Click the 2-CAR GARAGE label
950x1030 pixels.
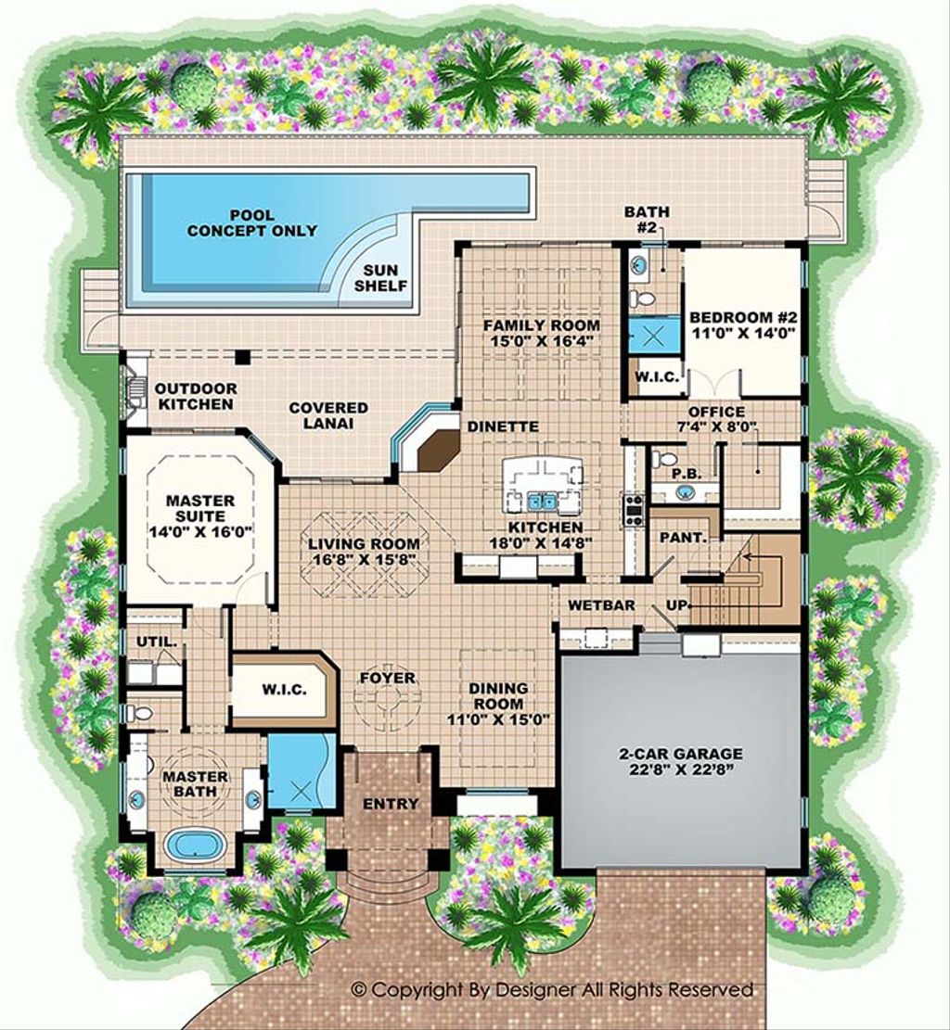pos(682,754)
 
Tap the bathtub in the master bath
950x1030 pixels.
pos(194,845)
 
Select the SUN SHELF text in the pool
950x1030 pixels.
pos(380,277)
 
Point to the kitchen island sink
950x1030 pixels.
pos(542,502)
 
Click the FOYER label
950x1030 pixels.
pos(388,679)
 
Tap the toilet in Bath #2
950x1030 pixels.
pos(640,299)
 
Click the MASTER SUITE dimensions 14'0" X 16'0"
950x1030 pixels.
pos(200,532)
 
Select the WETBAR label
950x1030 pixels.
pos(601,605)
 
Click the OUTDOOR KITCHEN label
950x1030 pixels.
pos(195,396)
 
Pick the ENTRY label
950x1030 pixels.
pos(391,804)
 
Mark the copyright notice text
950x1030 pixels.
pos(553,990)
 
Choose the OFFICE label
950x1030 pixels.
pos(715,412)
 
